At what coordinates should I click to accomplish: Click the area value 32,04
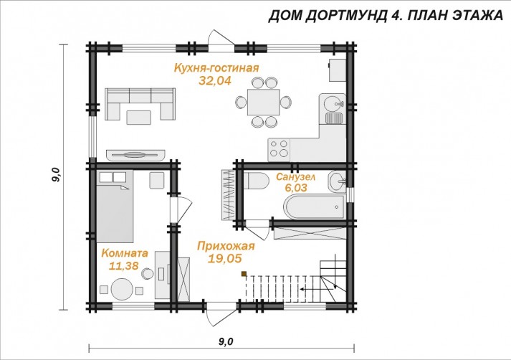point(215,80)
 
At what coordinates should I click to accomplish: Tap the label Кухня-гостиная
point(216,68)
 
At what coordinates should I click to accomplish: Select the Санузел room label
point(295,176)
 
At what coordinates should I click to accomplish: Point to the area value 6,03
point(296,188)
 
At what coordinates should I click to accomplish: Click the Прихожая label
point(226,246)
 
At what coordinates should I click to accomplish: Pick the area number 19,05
point(225,258)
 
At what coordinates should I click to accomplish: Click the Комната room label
point(125,253)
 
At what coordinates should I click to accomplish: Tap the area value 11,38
point(124,266)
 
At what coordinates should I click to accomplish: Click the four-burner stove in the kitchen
point(279,148)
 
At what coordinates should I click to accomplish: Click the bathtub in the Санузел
point(315,207)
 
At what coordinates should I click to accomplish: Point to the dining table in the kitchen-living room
point(263,102)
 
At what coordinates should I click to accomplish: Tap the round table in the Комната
point(123,288)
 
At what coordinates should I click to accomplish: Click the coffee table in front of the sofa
point(139,118)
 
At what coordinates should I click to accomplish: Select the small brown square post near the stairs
point(244,274)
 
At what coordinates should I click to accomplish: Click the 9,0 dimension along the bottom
point(226,341)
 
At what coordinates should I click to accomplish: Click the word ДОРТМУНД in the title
point(346,16)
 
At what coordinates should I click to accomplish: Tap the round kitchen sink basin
point(333,104)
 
